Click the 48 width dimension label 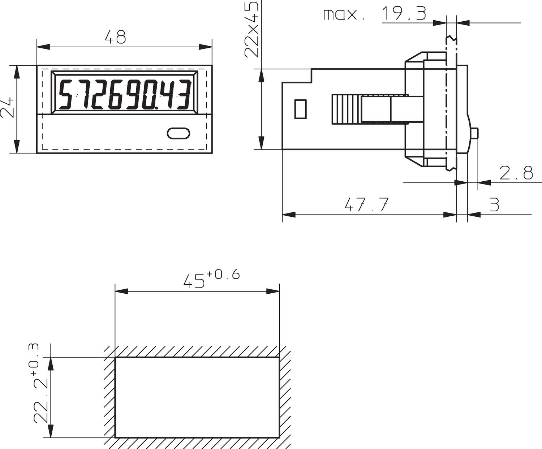(x=115, y=37)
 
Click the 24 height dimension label (x=8, y=107)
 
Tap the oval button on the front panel (x=178, y=133)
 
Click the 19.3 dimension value (x=404, y=14)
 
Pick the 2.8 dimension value (x=516, y=173)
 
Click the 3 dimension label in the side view (x=494, y=204)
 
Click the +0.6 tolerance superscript (x=223, y=275)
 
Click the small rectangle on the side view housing (x=300, y=109)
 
